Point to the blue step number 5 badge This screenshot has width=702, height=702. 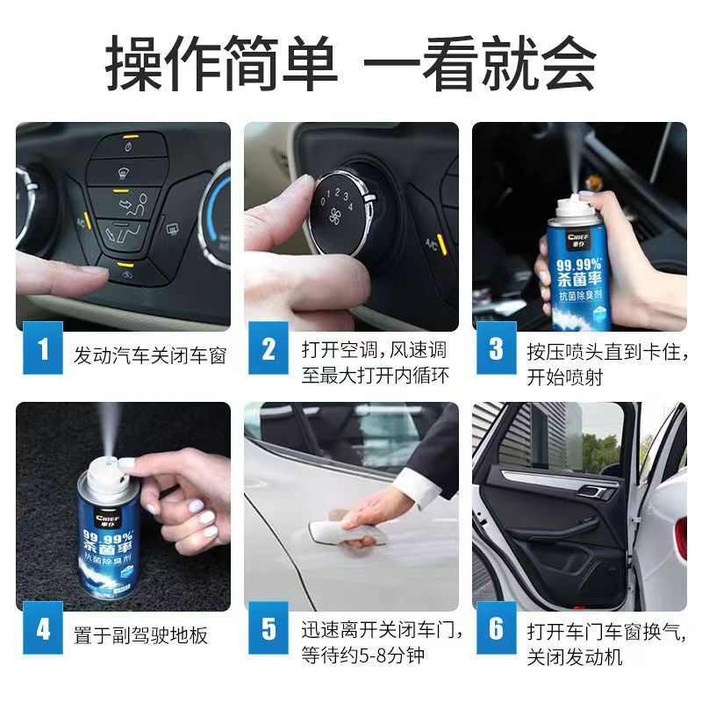(x=269, y=629)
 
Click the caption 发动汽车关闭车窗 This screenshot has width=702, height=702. (x=150, y=355)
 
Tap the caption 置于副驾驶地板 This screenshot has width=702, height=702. (x=141, y=634)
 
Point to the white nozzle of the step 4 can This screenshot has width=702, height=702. (x=103, y=462)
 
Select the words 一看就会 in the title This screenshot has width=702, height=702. (x=479, y=63)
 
